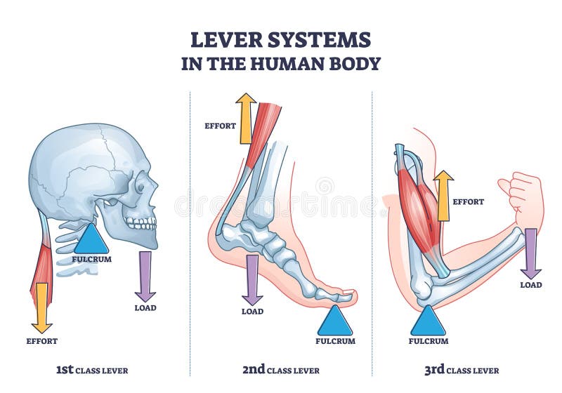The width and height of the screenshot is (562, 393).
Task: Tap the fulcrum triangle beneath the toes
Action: click(x=335, y=322)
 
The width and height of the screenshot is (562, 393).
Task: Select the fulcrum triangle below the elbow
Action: click(x=428, y=323)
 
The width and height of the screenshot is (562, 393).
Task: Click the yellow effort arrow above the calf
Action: click(x=246, y=118)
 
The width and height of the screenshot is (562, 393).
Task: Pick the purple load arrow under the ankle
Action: click(x=252, y=279)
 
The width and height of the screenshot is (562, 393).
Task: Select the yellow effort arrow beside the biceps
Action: click(x=443, y=195)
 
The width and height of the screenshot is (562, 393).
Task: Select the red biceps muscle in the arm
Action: click(x=420, y=211)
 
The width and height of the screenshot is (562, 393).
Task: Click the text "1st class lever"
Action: click(x=92, y=370)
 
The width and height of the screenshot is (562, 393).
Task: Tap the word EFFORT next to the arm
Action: click(x=469, y=201)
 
